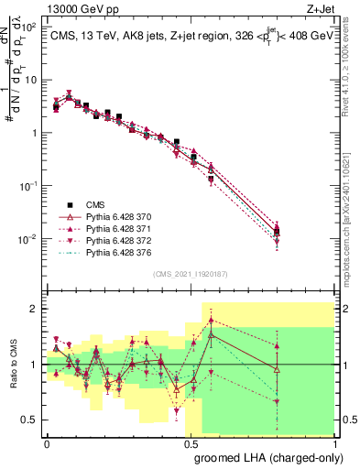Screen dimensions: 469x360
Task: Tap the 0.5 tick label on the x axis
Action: (x=191, y=442)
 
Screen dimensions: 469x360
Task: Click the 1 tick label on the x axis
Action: (x=335, y=442)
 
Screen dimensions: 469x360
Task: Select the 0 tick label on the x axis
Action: (x=47, y=442)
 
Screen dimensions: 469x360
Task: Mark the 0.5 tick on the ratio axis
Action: (x=30, y=420)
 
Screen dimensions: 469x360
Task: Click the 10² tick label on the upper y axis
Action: (x=29, y=27)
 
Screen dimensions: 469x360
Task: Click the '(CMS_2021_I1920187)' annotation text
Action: (x=190, y=272)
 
